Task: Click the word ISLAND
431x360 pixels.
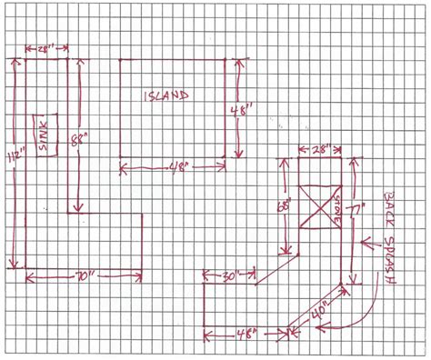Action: pos(165,95)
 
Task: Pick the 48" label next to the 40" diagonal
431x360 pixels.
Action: pos(244,334)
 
